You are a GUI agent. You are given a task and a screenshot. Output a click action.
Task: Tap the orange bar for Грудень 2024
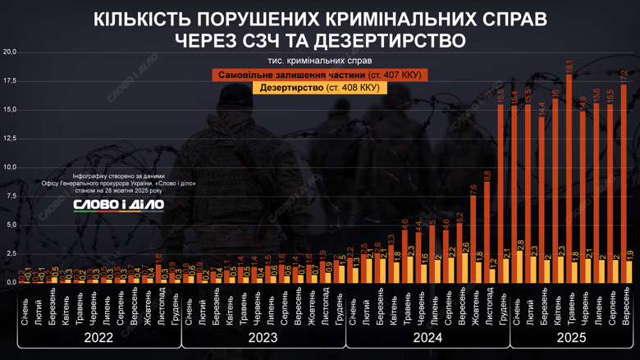pos(501,193)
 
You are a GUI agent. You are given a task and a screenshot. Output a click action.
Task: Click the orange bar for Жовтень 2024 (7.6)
pos(473,239)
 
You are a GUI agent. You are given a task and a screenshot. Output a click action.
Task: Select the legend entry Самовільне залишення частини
pos(319,75)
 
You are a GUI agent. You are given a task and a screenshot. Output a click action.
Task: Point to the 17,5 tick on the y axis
pos(10,80)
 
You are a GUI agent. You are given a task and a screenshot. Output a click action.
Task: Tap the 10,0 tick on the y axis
pos(10,167)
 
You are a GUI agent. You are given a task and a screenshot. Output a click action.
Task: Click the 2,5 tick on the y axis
pos(10,253)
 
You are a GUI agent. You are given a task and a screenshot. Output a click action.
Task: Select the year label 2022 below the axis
pos(98,337)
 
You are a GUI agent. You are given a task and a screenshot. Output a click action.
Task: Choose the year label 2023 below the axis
pos(262,337)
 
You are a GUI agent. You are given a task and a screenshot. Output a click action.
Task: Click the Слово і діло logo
pos(119,205)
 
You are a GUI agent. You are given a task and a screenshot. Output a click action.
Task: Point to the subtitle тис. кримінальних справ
pos(319,61)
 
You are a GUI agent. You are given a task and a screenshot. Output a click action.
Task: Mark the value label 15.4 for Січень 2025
pos(514,98)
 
